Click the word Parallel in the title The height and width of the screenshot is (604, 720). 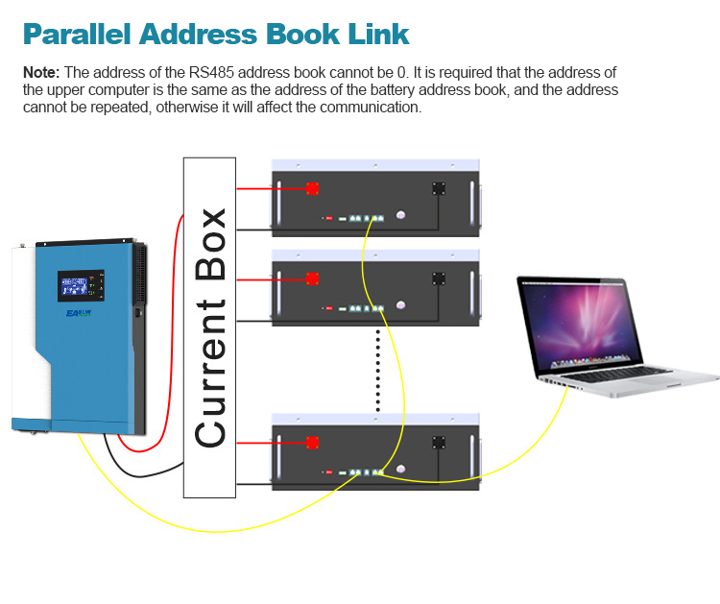click(x=77, y=34)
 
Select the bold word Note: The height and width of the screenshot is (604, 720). click(x=41, y=73)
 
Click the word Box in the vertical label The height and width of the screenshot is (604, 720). click(x=210, y=244)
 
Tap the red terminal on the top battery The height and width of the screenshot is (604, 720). click(x=312, y=188)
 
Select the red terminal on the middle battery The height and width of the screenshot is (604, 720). click(x=312, y=278)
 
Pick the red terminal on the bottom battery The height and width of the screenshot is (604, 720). click(x=312, y=443)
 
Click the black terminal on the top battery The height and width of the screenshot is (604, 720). click(x=439, y=188)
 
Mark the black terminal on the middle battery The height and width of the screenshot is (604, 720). click(x=439, y=278)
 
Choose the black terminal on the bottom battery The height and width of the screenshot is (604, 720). click(x=439, y=443)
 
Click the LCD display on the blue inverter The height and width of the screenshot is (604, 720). click(x=81, y=286)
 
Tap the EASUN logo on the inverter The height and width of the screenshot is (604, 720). click(x=79, y=313)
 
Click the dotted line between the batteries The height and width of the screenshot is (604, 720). click(x=378, y=371)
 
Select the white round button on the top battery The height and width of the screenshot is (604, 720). click(x=401, y=214)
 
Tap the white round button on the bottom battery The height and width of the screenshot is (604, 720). click(x=401, y=469)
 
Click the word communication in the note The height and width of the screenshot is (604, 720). click(x=371, y=108)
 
